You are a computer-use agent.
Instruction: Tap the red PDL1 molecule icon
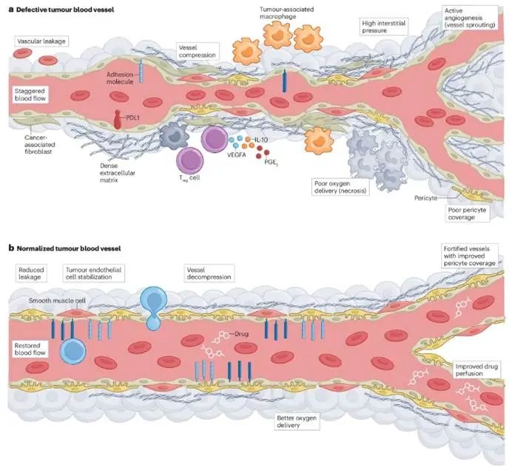coord(118,117)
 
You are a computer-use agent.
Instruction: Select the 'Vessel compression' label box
coord(197,51)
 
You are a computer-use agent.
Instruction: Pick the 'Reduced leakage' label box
coord(33,274)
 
